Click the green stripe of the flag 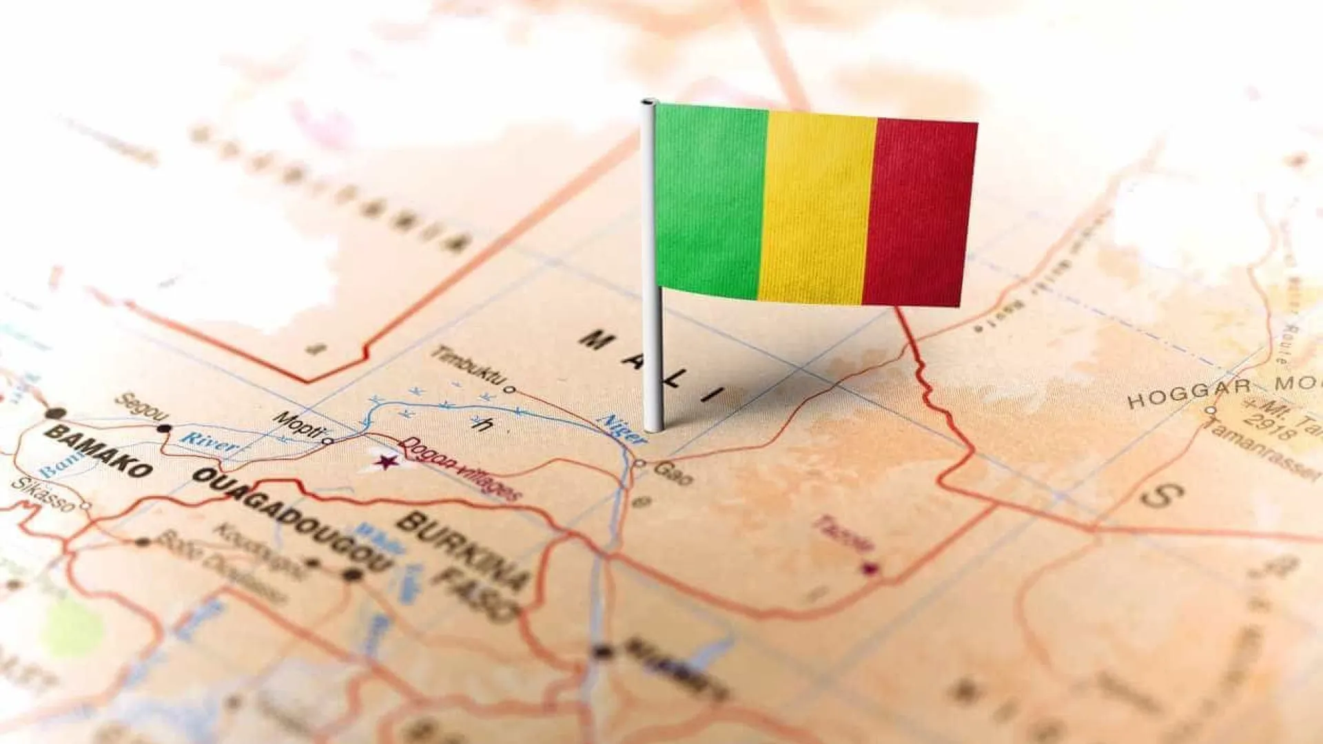710,200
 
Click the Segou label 141,407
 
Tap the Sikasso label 42,494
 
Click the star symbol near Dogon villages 387,461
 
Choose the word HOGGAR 1189,393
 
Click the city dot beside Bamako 56,413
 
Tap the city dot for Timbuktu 510,389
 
